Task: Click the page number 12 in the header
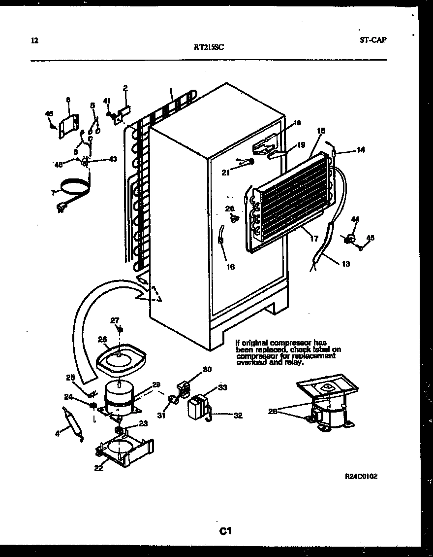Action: point(33,40)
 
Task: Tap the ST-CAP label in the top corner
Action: point(372,40)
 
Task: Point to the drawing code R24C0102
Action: point(361,477)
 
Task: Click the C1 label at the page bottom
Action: point(225,531)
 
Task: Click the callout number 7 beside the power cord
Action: point(53,193)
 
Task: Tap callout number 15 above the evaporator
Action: point(321,131)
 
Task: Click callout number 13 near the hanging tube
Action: point(345,264)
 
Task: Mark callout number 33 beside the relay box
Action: point(222,388)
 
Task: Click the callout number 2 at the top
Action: point(125,88)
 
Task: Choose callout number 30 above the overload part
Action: point(207,370)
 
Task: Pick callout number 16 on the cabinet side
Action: point(230,267)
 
